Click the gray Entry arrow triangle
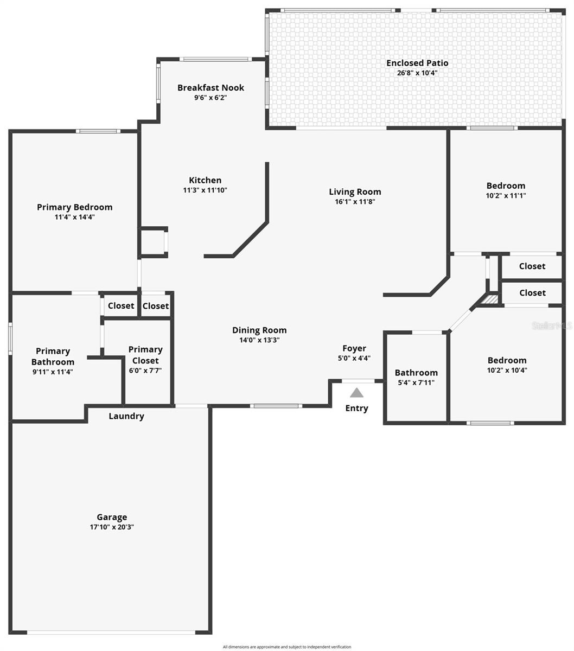pos(356,393)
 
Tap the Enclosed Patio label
pos(417,63)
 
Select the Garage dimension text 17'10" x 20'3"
pos(112,527)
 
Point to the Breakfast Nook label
pos(211,87)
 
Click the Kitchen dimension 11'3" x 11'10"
pos(205,190)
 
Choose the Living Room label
pos(355,192)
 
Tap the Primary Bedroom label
pos(75,207)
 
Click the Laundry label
pos(126,416)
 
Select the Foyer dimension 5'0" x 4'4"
pos(354,358)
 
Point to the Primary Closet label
pos(145,355)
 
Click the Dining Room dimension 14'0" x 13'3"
pos(259,340)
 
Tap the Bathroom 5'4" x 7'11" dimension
pos(416,382)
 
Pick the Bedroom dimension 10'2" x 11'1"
pos(506,196)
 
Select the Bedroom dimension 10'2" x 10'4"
pos(507,371)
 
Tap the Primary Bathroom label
pos(53,356)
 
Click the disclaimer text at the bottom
pos(287,647)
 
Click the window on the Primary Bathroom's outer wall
pos(10,339)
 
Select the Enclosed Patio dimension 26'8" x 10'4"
pos(417,73)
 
